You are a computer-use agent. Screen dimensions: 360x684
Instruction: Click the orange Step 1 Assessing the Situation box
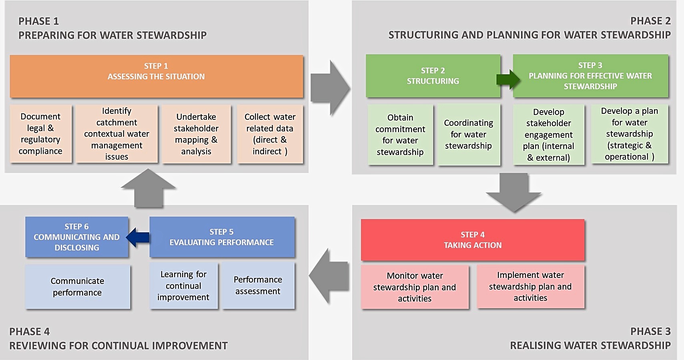[x=156, y=76]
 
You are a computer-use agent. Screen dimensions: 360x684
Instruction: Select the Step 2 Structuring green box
[x=433, y=76]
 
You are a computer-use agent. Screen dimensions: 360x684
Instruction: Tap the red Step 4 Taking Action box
[x=472, y=240]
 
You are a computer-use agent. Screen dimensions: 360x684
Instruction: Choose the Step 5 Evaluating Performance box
[x=222, y=237]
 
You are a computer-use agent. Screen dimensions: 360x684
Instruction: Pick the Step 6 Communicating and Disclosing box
[x=76, y=237]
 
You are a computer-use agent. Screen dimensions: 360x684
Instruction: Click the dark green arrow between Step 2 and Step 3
[x=508, y=79]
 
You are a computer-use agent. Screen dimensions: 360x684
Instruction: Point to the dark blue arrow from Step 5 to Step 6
[x=138, y=237]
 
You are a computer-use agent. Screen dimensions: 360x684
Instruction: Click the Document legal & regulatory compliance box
[x=40, y=134]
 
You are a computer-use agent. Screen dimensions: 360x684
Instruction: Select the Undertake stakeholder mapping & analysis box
[x=196, y=134]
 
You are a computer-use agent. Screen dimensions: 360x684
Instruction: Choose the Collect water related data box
[x=270, y=134]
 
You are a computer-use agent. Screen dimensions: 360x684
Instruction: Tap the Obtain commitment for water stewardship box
[x=400, y=135]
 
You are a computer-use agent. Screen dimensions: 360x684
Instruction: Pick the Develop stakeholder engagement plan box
[x=548, y=135]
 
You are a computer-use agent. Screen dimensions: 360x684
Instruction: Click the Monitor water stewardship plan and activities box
[x=415, y=287]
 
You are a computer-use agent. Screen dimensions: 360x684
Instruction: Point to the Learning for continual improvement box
[x=183, y=286]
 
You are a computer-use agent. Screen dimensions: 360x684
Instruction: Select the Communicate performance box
[x=77, y=286]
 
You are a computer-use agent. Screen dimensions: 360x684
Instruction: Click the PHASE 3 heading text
[x=650, y=331]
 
